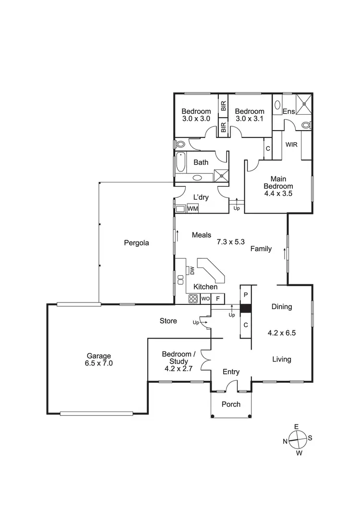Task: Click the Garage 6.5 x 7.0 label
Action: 99,360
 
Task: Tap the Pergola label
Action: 135,243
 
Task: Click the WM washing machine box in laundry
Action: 192,209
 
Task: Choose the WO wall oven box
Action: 205,298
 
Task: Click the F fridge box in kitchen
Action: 217,298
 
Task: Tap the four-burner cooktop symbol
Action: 193,298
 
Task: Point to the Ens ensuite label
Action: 288,112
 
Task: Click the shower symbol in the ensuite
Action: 303,104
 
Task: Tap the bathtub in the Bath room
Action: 180,162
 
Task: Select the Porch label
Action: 231,404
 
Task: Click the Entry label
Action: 231,372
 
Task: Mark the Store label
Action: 168,321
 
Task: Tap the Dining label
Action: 281,307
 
